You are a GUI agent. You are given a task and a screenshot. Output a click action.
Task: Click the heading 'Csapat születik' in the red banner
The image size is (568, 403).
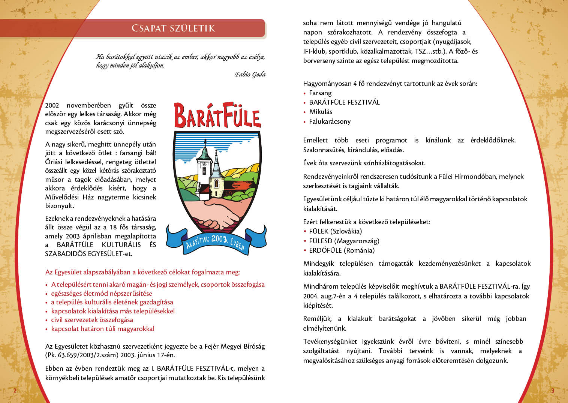click(173, 28)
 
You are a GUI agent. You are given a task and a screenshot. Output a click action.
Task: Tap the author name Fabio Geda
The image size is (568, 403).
click(250, 74)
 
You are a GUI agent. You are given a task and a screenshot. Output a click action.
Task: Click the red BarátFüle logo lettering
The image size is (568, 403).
click(217, 115)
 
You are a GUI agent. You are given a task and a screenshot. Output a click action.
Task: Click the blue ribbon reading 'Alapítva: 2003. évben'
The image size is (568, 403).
click(216, 240)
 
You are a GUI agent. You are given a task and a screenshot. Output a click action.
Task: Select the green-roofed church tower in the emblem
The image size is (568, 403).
click(204, 154)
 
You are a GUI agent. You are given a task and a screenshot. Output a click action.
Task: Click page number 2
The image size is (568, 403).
click(15, 391)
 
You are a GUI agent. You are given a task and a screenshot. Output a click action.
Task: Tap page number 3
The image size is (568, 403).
click(552, 391)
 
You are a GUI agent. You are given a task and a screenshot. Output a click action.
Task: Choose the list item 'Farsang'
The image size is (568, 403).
click(320, 93)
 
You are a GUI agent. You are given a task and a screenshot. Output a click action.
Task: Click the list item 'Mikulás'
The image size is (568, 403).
click(321, 112)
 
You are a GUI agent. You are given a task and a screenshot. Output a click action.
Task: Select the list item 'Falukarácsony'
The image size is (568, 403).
click(330, 121)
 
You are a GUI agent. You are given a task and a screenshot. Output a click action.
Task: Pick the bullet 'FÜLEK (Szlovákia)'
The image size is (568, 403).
click(335, 231)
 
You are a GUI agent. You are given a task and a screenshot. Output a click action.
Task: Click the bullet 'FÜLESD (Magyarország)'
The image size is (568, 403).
click(344, 241)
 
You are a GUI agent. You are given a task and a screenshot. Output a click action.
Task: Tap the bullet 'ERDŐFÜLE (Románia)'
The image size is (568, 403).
click(342, 250)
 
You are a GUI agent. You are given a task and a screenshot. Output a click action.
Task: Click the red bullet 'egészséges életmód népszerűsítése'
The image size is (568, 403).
click(102, 294)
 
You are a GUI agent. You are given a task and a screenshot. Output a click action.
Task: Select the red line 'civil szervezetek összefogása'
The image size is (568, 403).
click(92, 320)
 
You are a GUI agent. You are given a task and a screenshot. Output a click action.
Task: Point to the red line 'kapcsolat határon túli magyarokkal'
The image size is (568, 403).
click(103, 329)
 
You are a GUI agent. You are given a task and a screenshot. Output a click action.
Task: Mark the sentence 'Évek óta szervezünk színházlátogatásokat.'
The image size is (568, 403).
click(364, 163)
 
